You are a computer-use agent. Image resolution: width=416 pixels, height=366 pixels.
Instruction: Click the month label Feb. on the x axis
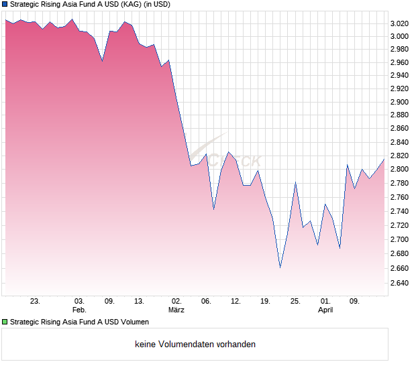[79, 310]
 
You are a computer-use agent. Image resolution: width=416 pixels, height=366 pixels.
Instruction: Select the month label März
[176, 310]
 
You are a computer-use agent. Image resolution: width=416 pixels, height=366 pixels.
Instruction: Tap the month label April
[325, 310]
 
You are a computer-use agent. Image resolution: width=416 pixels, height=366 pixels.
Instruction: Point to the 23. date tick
[36, 301]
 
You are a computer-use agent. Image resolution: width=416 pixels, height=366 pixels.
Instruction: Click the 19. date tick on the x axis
[265, 301]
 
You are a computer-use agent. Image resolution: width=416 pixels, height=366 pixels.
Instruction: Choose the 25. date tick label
[295, 301]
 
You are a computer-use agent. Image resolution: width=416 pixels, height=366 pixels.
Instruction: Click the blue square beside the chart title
[5, 5]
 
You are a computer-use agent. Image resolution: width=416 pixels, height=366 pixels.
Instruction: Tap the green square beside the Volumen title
[5, 322]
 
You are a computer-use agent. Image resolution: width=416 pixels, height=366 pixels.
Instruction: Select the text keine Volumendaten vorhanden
[195, 345]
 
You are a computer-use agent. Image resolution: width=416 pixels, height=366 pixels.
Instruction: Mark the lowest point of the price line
[280, 267]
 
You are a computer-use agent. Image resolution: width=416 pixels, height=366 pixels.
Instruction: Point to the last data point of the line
[384, 160]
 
